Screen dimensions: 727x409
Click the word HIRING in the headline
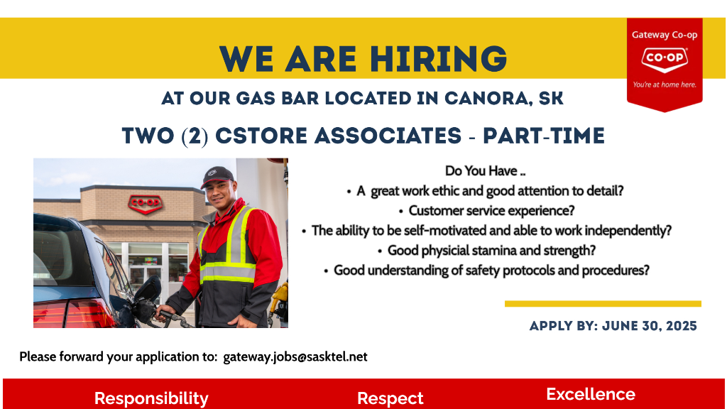pos(439,59)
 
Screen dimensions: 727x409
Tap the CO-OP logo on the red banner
pos(665,60)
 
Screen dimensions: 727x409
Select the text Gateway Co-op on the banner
pos(665,35)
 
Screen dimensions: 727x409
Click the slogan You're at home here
pos(665,84)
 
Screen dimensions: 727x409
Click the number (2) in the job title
pos(195,136)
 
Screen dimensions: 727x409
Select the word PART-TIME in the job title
pos(544,136)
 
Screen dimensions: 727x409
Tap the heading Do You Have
pos(485,171)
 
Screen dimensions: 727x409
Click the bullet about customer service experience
pos(487,210)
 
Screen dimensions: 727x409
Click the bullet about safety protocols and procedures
pos(487,271)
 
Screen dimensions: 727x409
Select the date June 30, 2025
pos(649,326)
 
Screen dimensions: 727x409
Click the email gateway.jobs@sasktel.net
pos(295,356)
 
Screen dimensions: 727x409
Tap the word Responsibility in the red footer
pos(151,398)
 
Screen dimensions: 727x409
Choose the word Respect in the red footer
pos(390,398)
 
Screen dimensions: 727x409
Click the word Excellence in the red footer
pos(591,394)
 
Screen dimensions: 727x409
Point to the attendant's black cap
pos(217,176)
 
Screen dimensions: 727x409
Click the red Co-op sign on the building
pos(146,204)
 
